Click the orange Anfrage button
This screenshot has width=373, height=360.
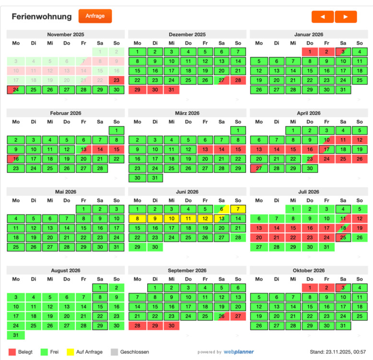click(x=95, y=16)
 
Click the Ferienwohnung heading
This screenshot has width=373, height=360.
click(x=42, y=16)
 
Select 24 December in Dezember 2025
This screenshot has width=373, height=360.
click(x=171, y=80)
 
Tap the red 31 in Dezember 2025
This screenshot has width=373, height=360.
click(x=171, y=90)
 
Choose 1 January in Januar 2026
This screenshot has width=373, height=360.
click(x=310, y=52)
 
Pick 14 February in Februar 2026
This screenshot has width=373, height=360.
click(x=100, y=149)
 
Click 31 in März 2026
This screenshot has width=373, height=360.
click(x=154, y=178)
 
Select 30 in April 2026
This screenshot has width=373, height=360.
click(x=310, y=168)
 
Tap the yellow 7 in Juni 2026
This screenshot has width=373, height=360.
click(x=238, y=209)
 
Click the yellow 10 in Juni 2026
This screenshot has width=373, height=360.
click(x=171, y=218)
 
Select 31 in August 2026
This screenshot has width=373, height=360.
click(x=16, y=335)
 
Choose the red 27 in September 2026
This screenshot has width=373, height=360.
click(x=238, y=316)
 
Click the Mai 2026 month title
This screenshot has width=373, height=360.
click(x=66, y=192)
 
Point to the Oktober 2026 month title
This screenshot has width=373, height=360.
click(x=309, y=271)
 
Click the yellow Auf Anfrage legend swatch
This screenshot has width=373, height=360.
click(x=70, y=352)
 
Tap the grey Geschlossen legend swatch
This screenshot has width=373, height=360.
click(x=114, y=352)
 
